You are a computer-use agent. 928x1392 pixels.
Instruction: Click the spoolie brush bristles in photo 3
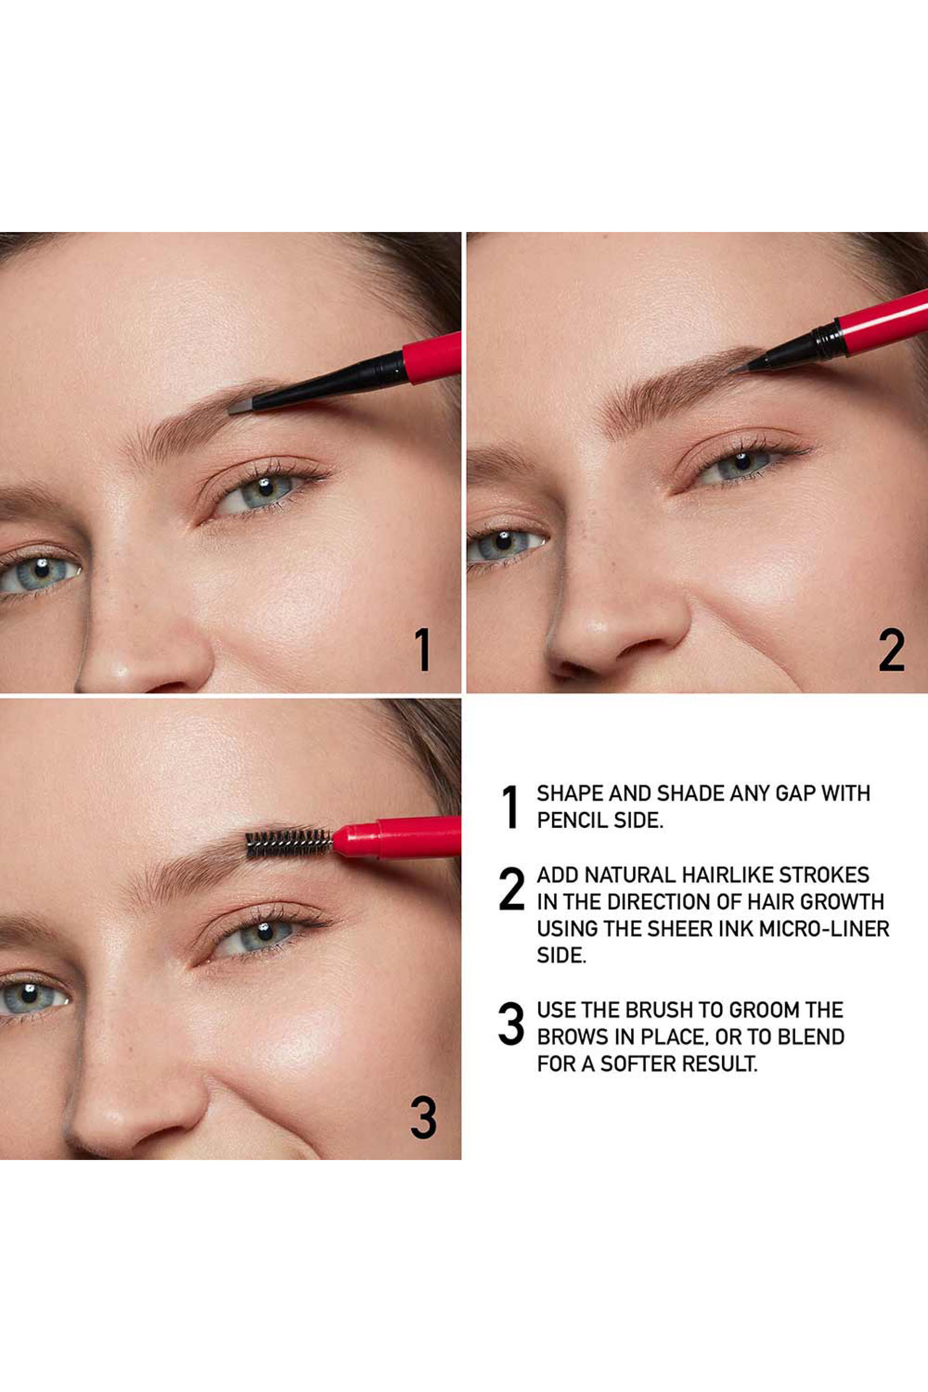(288, 843)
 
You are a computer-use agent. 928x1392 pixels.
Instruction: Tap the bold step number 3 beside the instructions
(511, 1023)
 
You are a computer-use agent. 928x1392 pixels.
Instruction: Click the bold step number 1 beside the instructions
(510, 807)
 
